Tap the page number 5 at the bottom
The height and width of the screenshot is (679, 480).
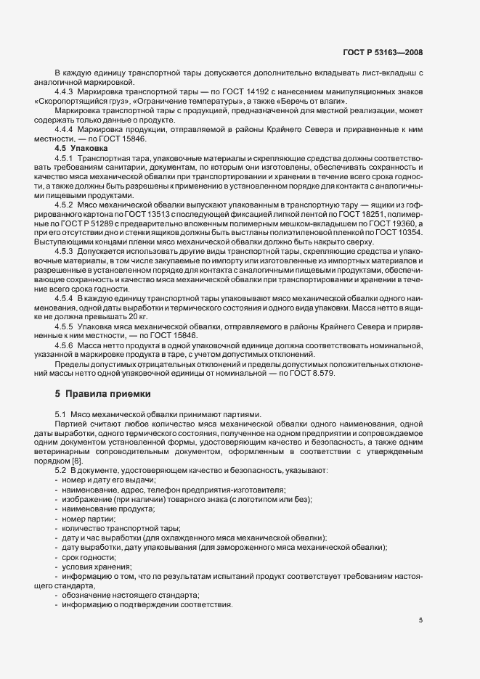pos(420,620)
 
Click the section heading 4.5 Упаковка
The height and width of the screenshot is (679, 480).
pos(81,147)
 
